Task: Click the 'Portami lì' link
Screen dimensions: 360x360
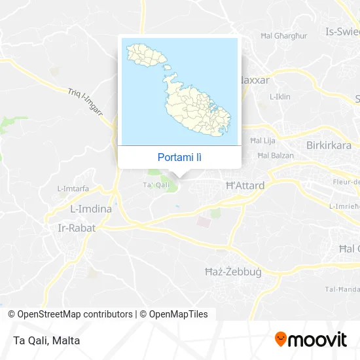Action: pyautogui.click(x=179, y=158)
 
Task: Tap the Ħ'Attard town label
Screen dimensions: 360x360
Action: pyautogui.click(x=245, y=186)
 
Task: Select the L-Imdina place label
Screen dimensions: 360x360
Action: pyautogui.click(x=90, y=210)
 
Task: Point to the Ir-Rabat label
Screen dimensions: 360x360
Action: pyautogui.click(x=77, y=228)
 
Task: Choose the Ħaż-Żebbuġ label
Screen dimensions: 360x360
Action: pyautogui.click(x=234, y=272)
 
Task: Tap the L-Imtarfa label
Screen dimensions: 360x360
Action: pyautogui.click(x=73, y=189)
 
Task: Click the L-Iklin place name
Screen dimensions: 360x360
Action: pyautogui.click(x=279, y=96)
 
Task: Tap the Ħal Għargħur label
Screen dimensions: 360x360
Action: pyautogui.click(x=283, y=35)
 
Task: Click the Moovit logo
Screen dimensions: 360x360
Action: pyautogui.click(x=310, y=339)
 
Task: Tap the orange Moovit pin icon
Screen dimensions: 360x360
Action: pyautogui.click(x=281, y=339)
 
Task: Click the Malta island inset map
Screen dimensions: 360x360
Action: pyautogui.click(x=179, y=91)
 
